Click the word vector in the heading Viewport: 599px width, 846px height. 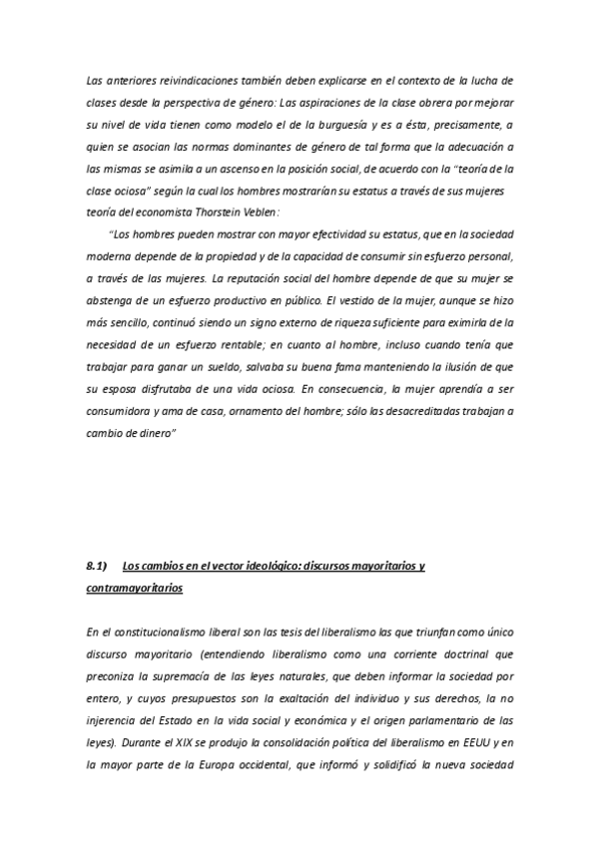[x=222, y=566]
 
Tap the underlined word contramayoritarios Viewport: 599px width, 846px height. [x=135, y=589]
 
